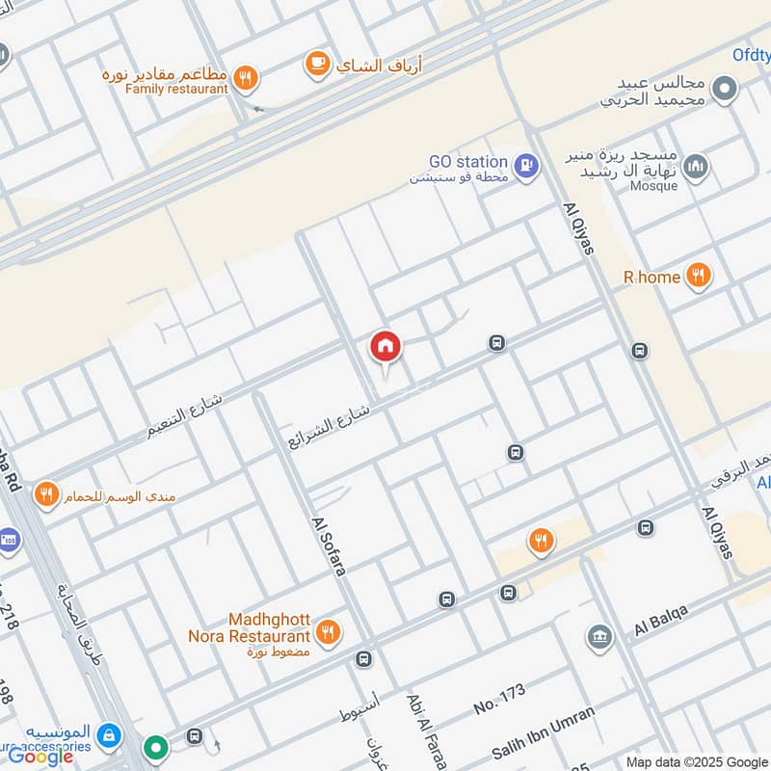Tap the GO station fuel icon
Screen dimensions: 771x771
coord(525,167)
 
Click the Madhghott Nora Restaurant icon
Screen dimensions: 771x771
coord(330,632)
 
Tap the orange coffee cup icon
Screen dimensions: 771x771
coord(316,64)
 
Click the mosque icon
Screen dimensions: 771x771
coord(696,167)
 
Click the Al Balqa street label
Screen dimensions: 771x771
coord(662,620)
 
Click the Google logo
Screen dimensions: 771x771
coord(40,757)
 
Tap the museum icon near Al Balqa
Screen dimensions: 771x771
coord(599,637)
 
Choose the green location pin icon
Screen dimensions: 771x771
coord(155,747)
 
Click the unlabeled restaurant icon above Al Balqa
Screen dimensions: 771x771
coord(542,542)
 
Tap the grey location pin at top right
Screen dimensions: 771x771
coord(725,92)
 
